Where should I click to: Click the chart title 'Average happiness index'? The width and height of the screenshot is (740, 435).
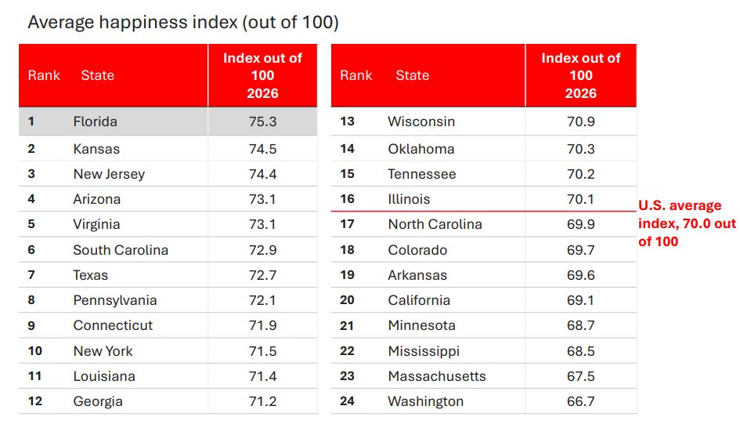pos(132,23)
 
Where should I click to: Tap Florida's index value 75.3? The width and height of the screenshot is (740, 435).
pos(262,121)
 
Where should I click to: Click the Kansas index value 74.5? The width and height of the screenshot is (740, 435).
pos(262,149)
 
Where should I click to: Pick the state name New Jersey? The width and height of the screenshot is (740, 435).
pos(109,174)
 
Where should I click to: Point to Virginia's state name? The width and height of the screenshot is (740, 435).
pos(96,224)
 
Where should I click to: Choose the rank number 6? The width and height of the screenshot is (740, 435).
pos(31,249)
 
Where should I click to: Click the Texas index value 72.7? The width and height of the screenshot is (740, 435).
pos(262,275)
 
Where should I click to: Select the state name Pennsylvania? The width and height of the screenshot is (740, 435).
pos(114,300)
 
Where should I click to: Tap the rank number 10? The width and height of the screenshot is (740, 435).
pos(35,350)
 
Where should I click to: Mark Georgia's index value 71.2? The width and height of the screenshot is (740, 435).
pos(262,401)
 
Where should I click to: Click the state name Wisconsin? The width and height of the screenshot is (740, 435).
pos(421,121)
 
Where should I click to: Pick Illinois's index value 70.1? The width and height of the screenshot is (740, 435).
pos(580,199)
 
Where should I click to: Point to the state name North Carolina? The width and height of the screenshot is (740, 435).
pos(435,224)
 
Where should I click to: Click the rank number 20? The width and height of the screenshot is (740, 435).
pos(347,300)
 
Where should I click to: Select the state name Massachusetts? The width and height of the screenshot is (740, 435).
pos(436,376)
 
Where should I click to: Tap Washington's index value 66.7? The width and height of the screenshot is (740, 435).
pos(580,401)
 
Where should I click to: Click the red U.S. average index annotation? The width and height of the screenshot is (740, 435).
pos(687,223)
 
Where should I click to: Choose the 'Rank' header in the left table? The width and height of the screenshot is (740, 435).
pos(44,75)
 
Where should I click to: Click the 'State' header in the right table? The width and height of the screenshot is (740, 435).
pos(413,75)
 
